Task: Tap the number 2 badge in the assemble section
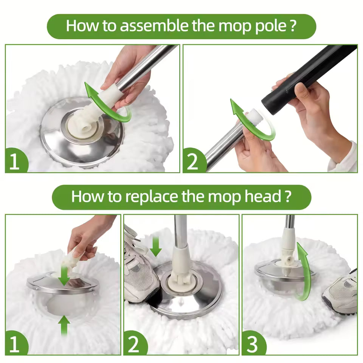coord(192,162)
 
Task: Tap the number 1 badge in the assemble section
coord(14,162)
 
